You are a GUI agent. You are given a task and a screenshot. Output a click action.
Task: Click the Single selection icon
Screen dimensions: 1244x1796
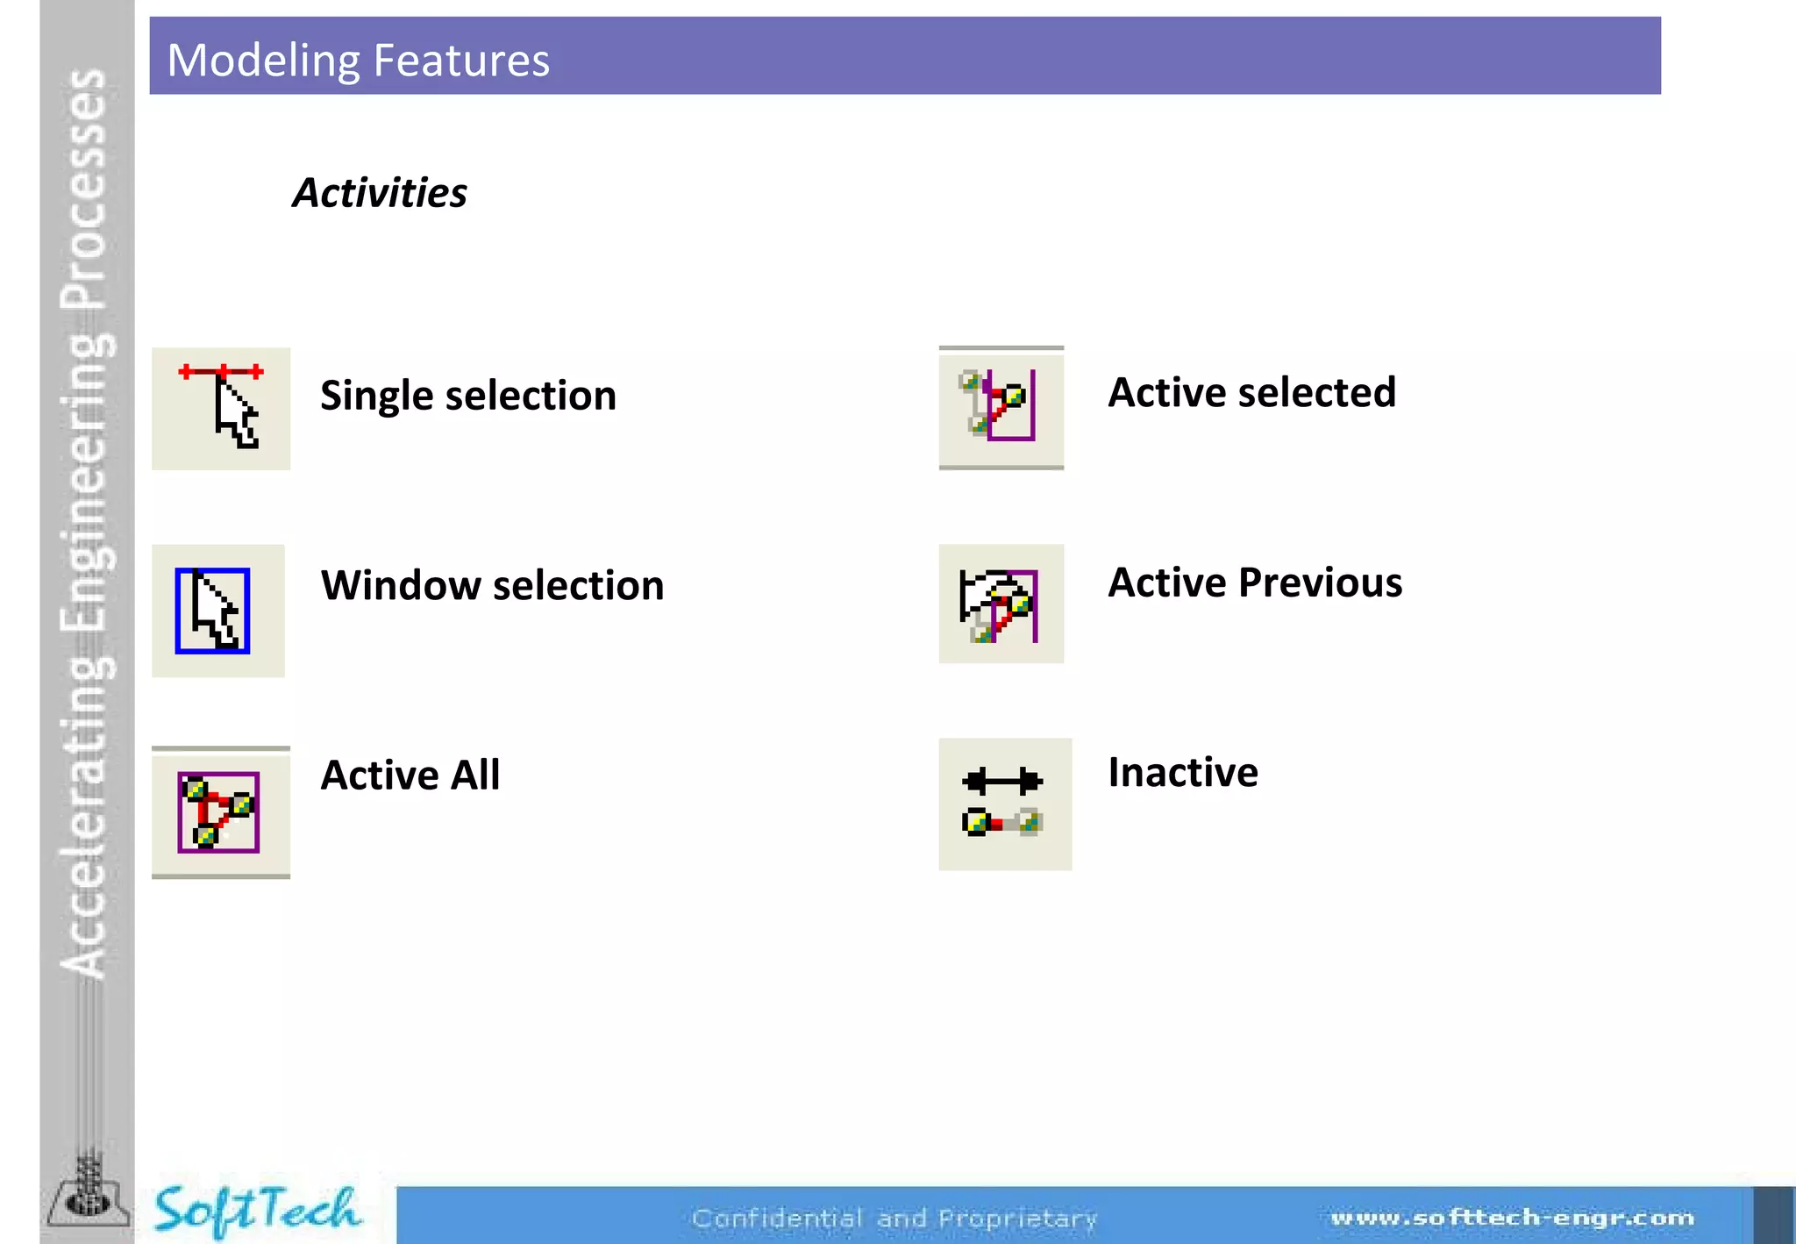pyautogui.click(x=221, y=408)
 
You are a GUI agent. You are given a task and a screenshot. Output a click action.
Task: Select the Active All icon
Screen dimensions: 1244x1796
pyautogui.click(x=219, y=812)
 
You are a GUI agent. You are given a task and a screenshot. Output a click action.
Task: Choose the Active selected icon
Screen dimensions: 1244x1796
pyautogui.click(x=1001, y=407)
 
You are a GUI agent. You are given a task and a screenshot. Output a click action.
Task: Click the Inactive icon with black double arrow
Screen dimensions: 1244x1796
pyautogui.click(x=1004, y=804)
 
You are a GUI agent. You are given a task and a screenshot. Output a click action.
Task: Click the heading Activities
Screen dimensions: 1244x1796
pyautogui.click(x=380, y=193)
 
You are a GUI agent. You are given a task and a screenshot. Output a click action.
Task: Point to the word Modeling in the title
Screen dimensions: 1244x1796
pyautogui.click(x=261, y=61)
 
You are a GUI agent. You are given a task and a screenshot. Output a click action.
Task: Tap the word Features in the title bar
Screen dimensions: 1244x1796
pyautogui.click(x=461, y=61)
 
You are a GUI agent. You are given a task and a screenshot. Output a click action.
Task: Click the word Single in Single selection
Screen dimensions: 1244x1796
pyautogui.click(x=376, y=397)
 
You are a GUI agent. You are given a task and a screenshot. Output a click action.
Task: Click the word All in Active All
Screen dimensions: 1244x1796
pyautogui.click(x=474, y=775)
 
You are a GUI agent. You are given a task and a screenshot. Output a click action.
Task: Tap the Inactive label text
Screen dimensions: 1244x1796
pyautogui.click(x=1182, y=773)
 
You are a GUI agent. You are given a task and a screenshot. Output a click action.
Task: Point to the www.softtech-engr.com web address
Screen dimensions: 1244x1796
pyautogui.click(x=1512, y=1218)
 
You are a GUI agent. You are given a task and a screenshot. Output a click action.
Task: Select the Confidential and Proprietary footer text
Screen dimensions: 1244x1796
pyautogui.click(x=894, y=1219)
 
